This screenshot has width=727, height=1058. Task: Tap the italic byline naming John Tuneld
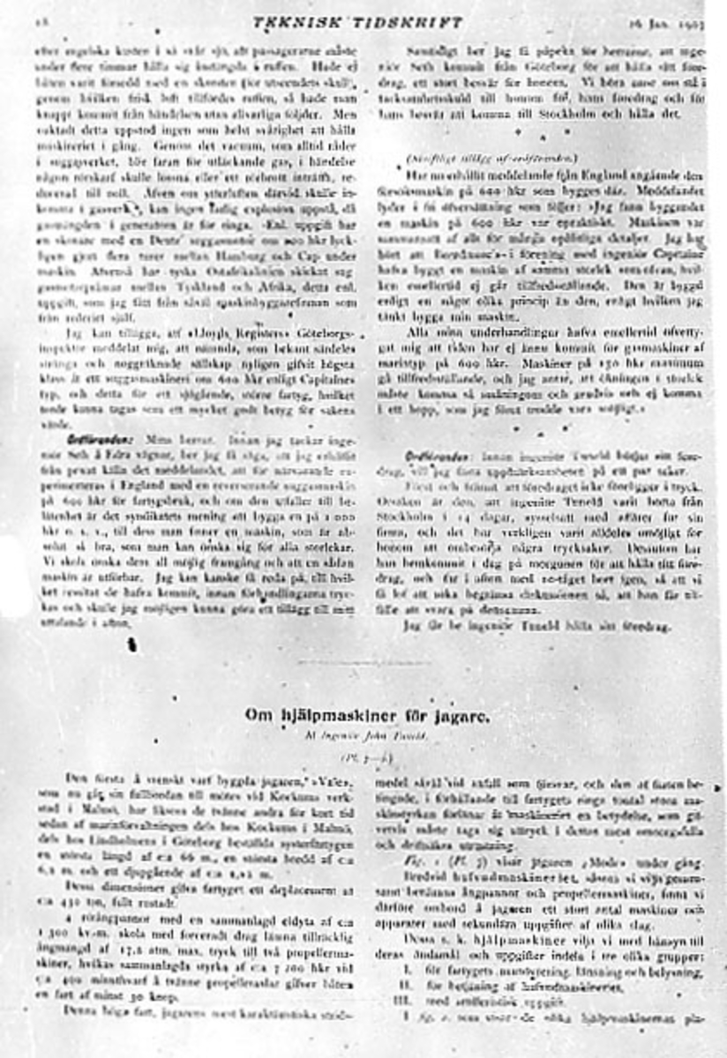click(x=362, y=737)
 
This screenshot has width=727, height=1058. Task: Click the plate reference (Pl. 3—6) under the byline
click(x=361, y=757)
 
